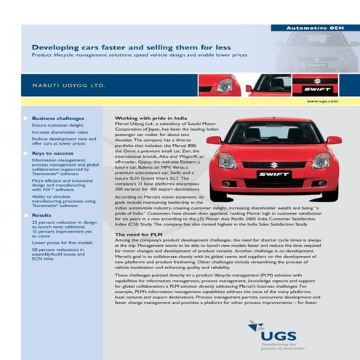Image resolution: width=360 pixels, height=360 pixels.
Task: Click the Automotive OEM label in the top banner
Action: coord(313,28)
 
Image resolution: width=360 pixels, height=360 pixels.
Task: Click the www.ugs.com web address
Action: coord(327,102)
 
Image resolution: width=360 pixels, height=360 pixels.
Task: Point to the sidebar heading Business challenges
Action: coord(57,117)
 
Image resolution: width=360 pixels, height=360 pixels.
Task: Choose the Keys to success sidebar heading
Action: coord(53,153)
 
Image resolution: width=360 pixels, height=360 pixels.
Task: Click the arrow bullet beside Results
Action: coord(27,215)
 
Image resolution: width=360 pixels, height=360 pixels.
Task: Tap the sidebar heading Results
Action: coord(41,215)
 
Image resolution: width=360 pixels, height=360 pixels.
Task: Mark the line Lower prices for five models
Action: coord(61,242)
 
